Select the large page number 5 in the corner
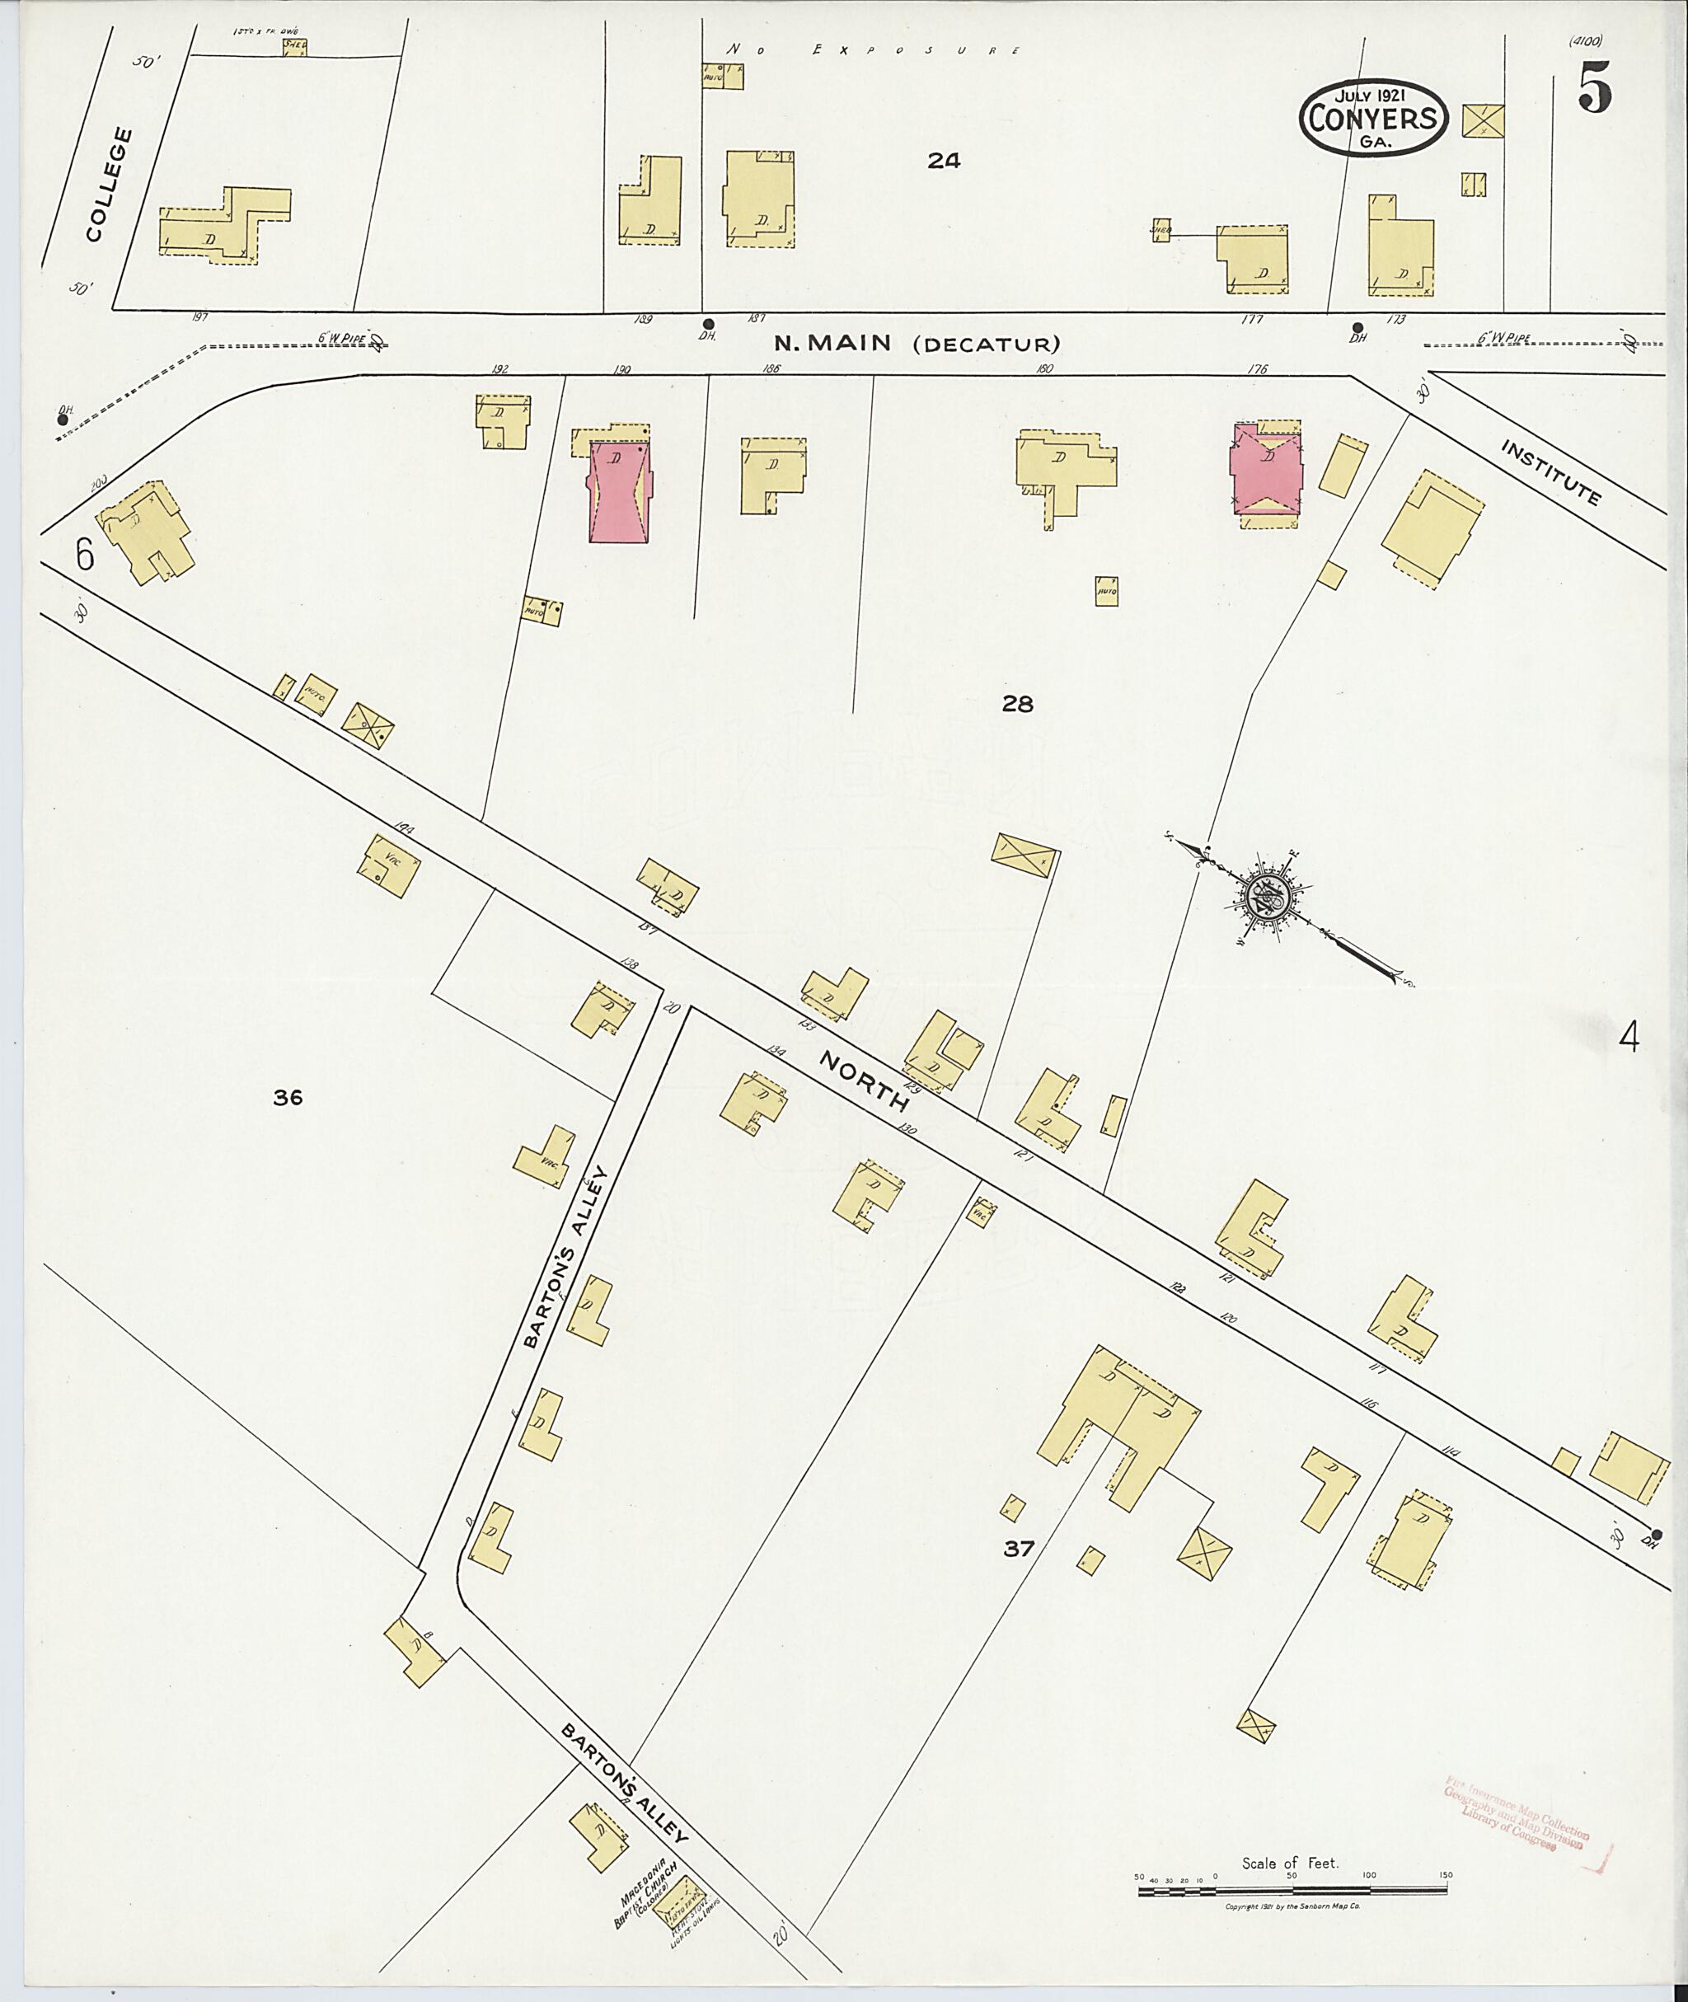point(1595,91)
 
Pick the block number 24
point(943,162)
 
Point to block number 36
point(287,1098)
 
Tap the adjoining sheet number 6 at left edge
point(85,554)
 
